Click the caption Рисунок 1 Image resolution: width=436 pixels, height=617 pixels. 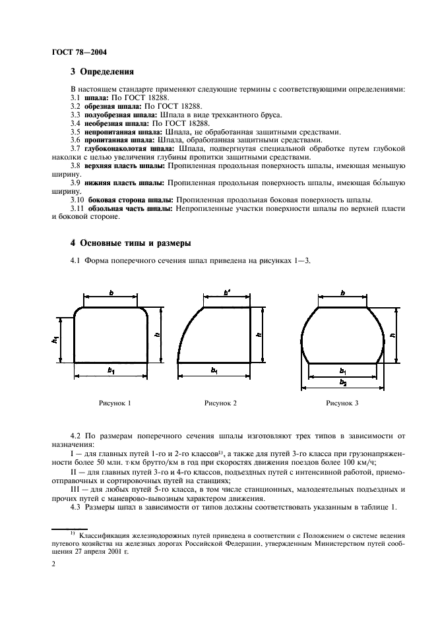pyautogui.click(x=115, y=403)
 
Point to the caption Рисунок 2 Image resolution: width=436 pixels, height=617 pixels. pyautogui.click(x=220, y=403)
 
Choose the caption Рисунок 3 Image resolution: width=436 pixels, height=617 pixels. pyautogui.click(x=342, y=403)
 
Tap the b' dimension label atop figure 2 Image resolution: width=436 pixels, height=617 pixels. pyautogui.click(x=227, y=291)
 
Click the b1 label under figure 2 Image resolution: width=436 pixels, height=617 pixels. pyautogui.click(x=214, y=371)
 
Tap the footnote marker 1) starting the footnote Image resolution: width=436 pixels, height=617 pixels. pyautogui.click(x=65, y=527)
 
